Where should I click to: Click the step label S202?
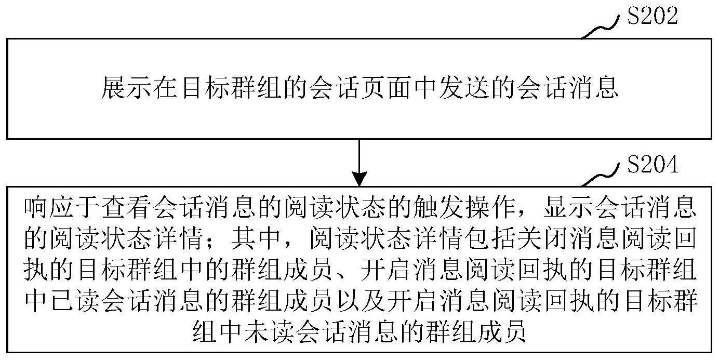[652, 16]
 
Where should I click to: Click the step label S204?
[652, 164]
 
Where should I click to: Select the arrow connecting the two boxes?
[359, 163]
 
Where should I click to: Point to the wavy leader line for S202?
[600, 28]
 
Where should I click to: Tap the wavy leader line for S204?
[600, 175]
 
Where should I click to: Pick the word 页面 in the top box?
[375, 87]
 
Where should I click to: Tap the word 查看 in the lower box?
[127, 208]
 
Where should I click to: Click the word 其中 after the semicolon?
[257, 238]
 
